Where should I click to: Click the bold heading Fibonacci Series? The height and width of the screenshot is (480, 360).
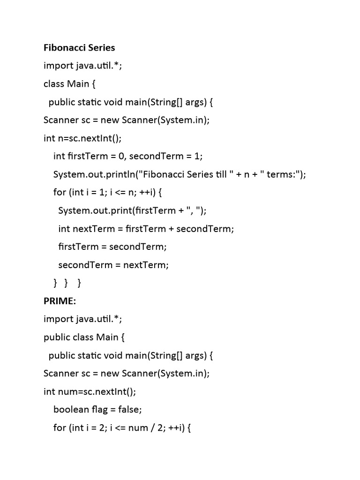pyautogui.click(x=79, y=48)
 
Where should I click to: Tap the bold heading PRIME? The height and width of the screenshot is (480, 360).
pyautogui.click(x=60, y=301)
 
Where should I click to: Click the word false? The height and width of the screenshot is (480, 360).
pyautogui.click(x=127, y=409)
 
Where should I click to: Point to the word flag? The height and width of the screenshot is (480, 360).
pyautogui.click(x=98, y=409)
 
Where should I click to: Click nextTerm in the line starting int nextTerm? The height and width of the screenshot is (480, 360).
pyautogui.click(x=92, y=229)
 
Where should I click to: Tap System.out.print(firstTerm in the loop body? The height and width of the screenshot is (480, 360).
pyautogui.click(x=115, y=210)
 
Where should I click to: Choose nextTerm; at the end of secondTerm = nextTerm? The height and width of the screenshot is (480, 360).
pyautogui.click(x=145, y=265)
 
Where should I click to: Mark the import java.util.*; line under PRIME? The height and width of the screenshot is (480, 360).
pyautogui.click(x=82, y=319)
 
